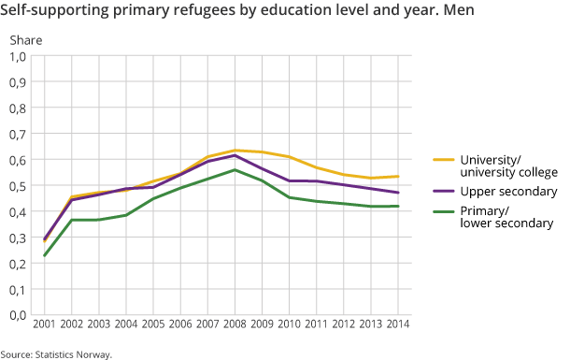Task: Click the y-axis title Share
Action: coord(23,39)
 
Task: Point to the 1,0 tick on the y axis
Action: coord(18,56)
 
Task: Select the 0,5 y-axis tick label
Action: coord(18,185)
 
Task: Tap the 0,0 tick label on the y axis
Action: coord(18,315)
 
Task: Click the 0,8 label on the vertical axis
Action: coord(18,108)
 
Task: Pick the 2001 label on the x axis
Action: coord(43,324)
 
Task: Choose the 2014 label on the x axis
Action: coord(399,324)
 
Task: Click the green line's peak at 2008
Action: coord(236,170)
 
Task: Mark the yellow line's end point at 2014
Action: coord(399,176)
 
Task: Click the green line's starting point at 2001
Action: coord(44,255)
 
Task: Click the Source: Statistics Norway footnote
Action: coord(56,353)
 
